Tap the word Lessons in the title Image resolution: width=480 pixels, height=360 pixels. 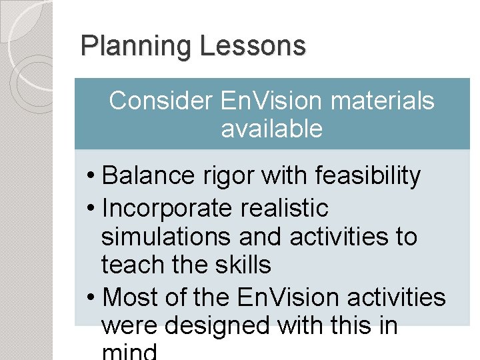(253, 47)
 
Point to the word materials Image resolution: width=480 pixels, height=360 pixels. (382, 101)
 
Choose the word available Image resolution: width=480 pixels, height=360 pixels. (271, 129)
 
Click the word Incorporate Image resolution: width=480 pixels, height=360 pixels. (169, 208)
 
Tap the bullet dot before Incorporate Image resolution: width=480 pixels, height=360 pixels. (92, 209)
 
